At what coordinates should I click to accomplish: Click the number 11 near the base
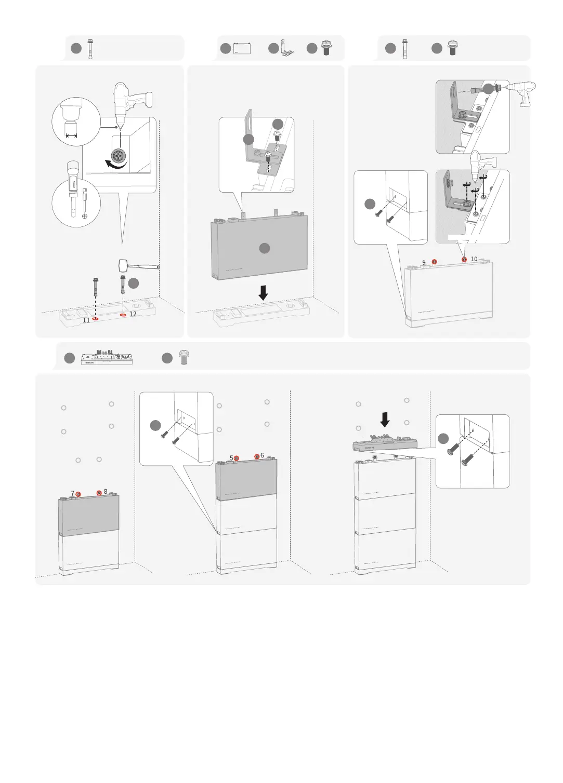[86, 320]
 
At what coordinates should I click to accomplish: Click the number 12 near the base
[133, 314]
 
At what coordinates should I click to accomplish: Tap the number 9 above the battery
[424, 263]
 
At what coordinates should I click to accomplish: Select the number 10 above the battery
[474, 259]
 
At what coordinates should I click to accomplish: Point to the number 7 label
[72, 493]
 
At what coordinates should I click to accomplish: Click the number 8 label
[106, 491]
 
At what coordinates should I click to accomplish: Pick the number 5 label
[231, 458]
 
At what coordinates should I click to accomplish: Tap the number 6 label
[262, 455]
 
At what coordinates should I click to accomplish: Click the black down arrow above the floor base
[264, 293]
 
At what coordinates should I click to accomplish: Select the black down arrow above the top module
[385, 419]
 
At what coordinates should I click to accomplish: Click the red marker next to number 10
[464, 259]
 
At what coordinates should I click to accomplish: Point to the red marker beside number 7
[78, 494]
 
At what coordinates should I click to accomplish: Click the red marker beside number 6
[256, 456]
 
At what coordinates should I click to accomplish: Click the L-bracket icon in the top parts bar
[285, 49]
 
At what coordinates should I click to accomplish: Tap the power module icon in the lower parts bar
[107, 358]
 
